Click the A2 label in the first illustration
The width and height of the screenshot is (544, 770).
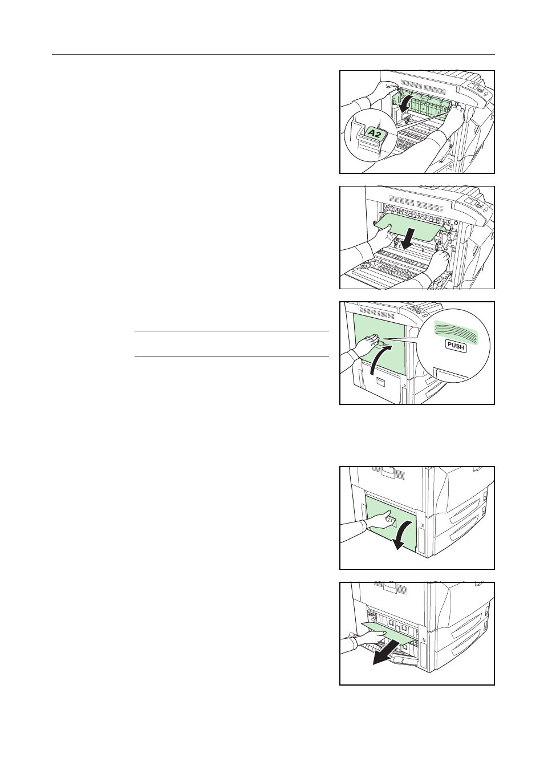click(376, 133)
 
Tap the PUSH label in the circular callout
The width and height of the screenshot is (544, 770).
click(456, 347)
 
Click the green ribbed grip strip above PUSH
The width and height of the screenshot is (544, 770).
click(456, 329)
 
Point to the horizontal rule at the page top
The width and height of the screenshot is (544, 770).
click(273, 54)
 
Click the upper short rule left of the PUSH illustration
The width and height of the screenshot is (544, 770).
click(232, 331)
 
